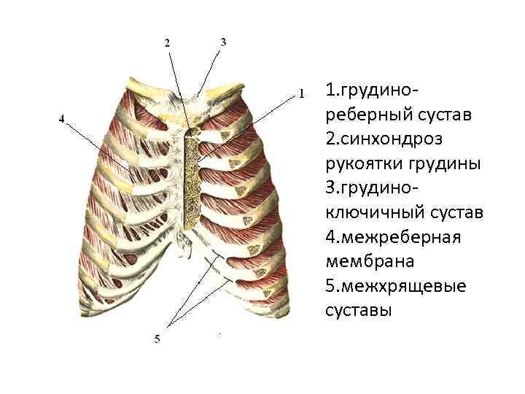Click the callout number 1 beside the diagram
click(301, 93)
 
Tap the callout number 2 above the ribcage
click(167, 42)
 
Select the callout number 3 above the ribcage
click(223, 42)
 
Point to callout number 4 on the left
click(62, 118)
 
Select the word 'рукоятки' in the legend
click(364, 163)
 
